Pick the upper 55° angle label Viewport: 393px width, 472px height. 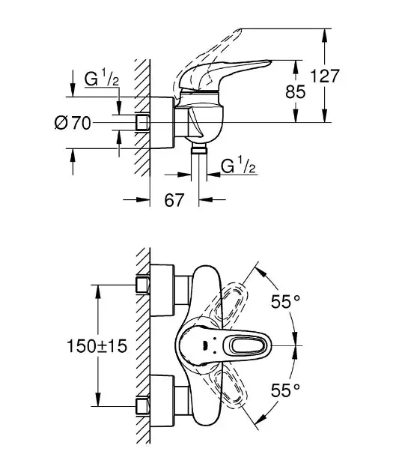(x=285, y=302)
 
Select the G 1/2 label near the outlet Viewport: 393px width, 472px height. (x=239, y=166)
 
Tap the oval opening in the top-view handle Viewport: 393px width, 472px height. (x=243, y=345)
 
